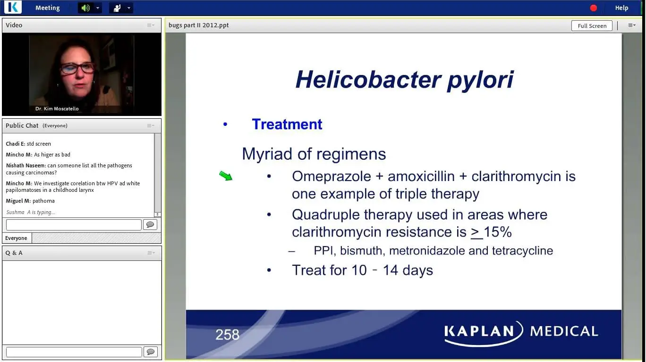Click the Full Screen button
[x=592, y=25]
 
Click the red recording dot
[x=593, y=8]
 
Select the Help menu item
[x=621, y=8]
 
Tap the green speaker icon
[x=85, y=8]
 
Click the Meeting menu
[x=48, y=8]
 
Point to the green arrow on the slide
[x=226, y=175]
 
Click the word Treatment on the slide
[x=287, y=124]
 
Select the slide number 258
[x=227, y=334]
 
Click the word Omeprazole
[x=331, y=176]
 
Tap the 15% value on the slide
[x=497, y=231]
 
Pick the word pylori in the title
[x=480, y=80]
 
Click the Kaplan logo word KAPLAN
[x=479, y=331]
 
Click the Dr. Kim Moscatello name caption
[x=57, y=108]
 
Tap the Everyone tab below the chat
[x=17, y=238]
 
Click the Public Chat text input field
[x=74, y=224]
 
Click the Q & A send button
[x=150, y=352]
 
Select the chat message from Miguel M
[x=30, y=201]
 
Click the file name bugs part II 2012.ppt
[x=198, y=25]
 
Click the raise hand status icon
[x=117, y=8]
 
